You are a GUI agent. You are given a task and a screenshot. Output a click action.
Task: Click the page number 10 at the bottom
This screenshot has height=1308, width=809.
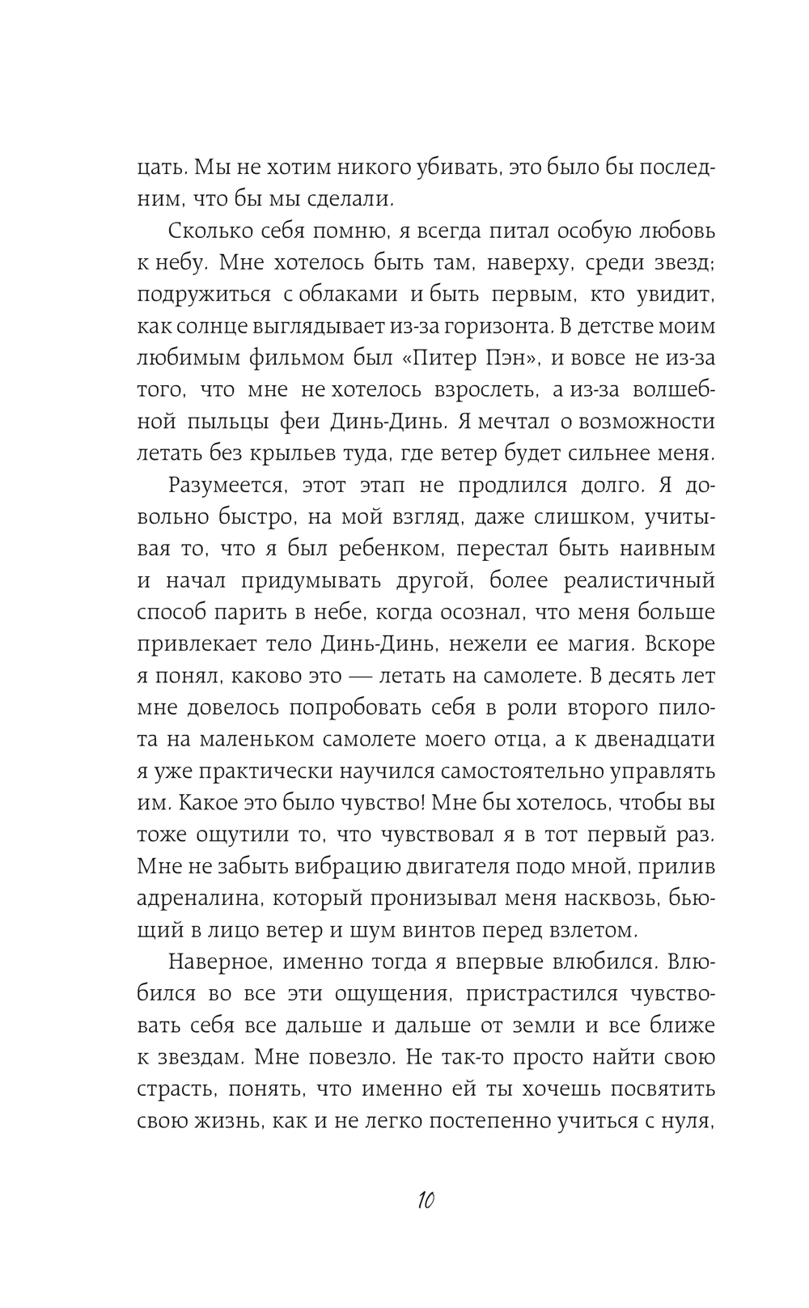426,1200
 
